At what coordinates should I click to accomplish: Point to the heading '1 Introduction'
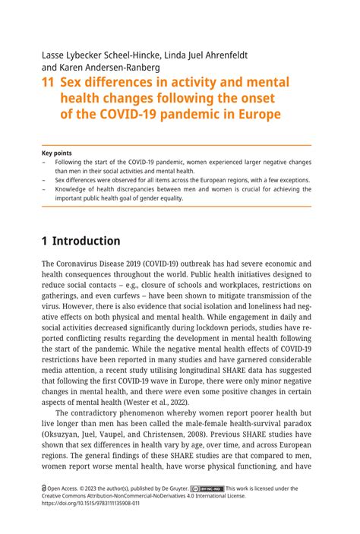click(81, 241)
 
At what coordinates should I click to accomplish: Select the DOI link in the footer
click(91, 503)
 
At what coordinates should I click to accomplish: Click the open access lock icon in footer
click(45, 489)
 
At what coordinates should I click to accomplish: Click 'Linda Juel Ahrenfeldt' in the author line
click(205, 55)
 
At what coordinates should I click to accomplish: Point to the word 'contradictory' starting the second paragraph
click(106, 415)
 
